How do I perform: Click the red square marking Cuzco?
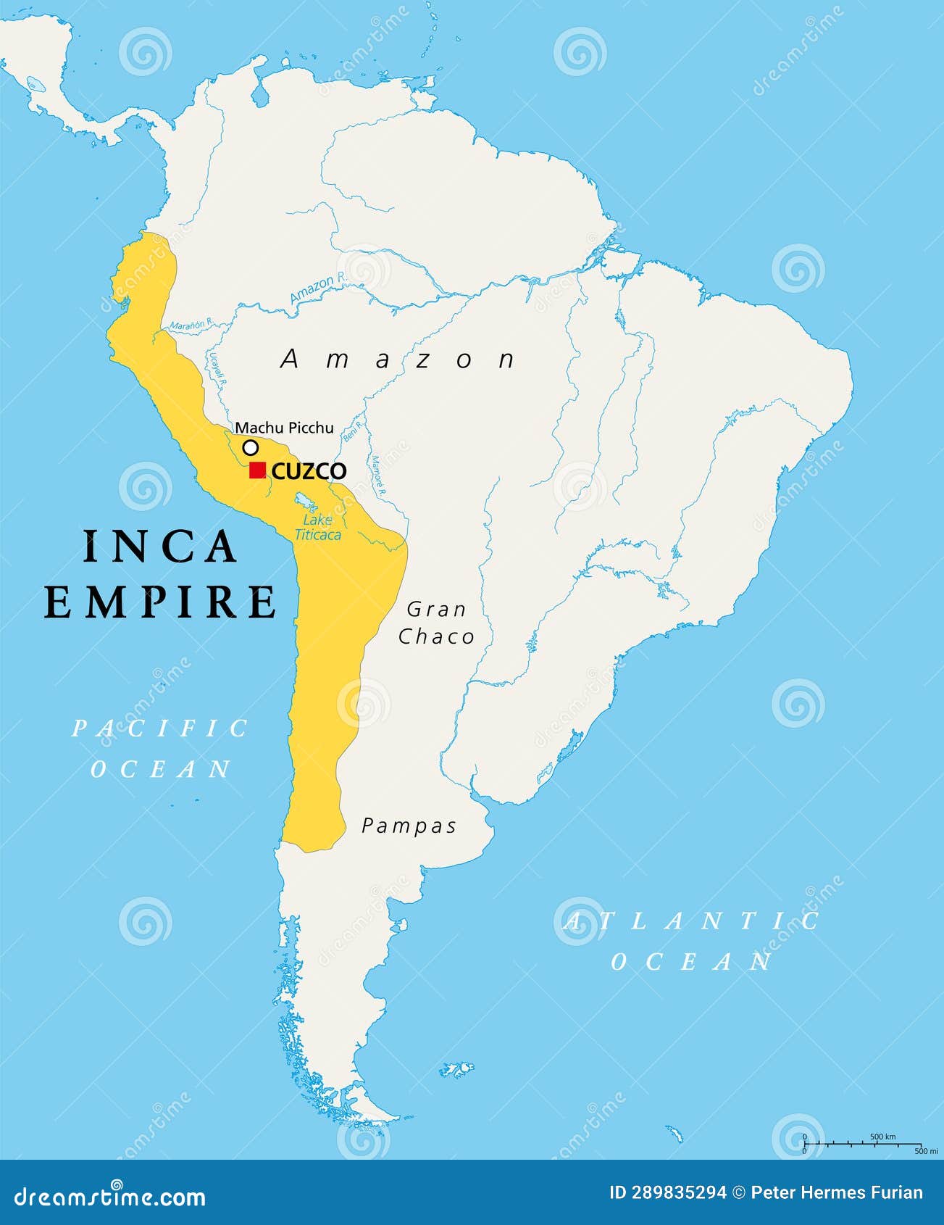pos(257,470)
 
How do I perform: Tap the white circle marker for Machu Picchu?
pos(250,447)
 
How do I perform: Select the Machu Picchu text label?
pos(285,428)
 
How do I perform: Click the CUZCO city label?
pos(309,471)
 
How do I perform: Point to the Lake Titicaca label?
pos(317,528)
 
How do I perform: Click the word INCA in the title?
pos(160,547)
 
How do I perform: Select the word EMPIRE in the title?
pos(160,602)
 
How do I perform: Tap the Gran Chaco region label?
pos(436,623)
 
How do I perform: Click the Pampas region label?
pos(409,826)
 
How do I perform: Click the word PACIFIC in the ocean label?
pos(160,728)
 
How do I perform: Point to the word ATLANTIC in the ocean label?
pos(692,921)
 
